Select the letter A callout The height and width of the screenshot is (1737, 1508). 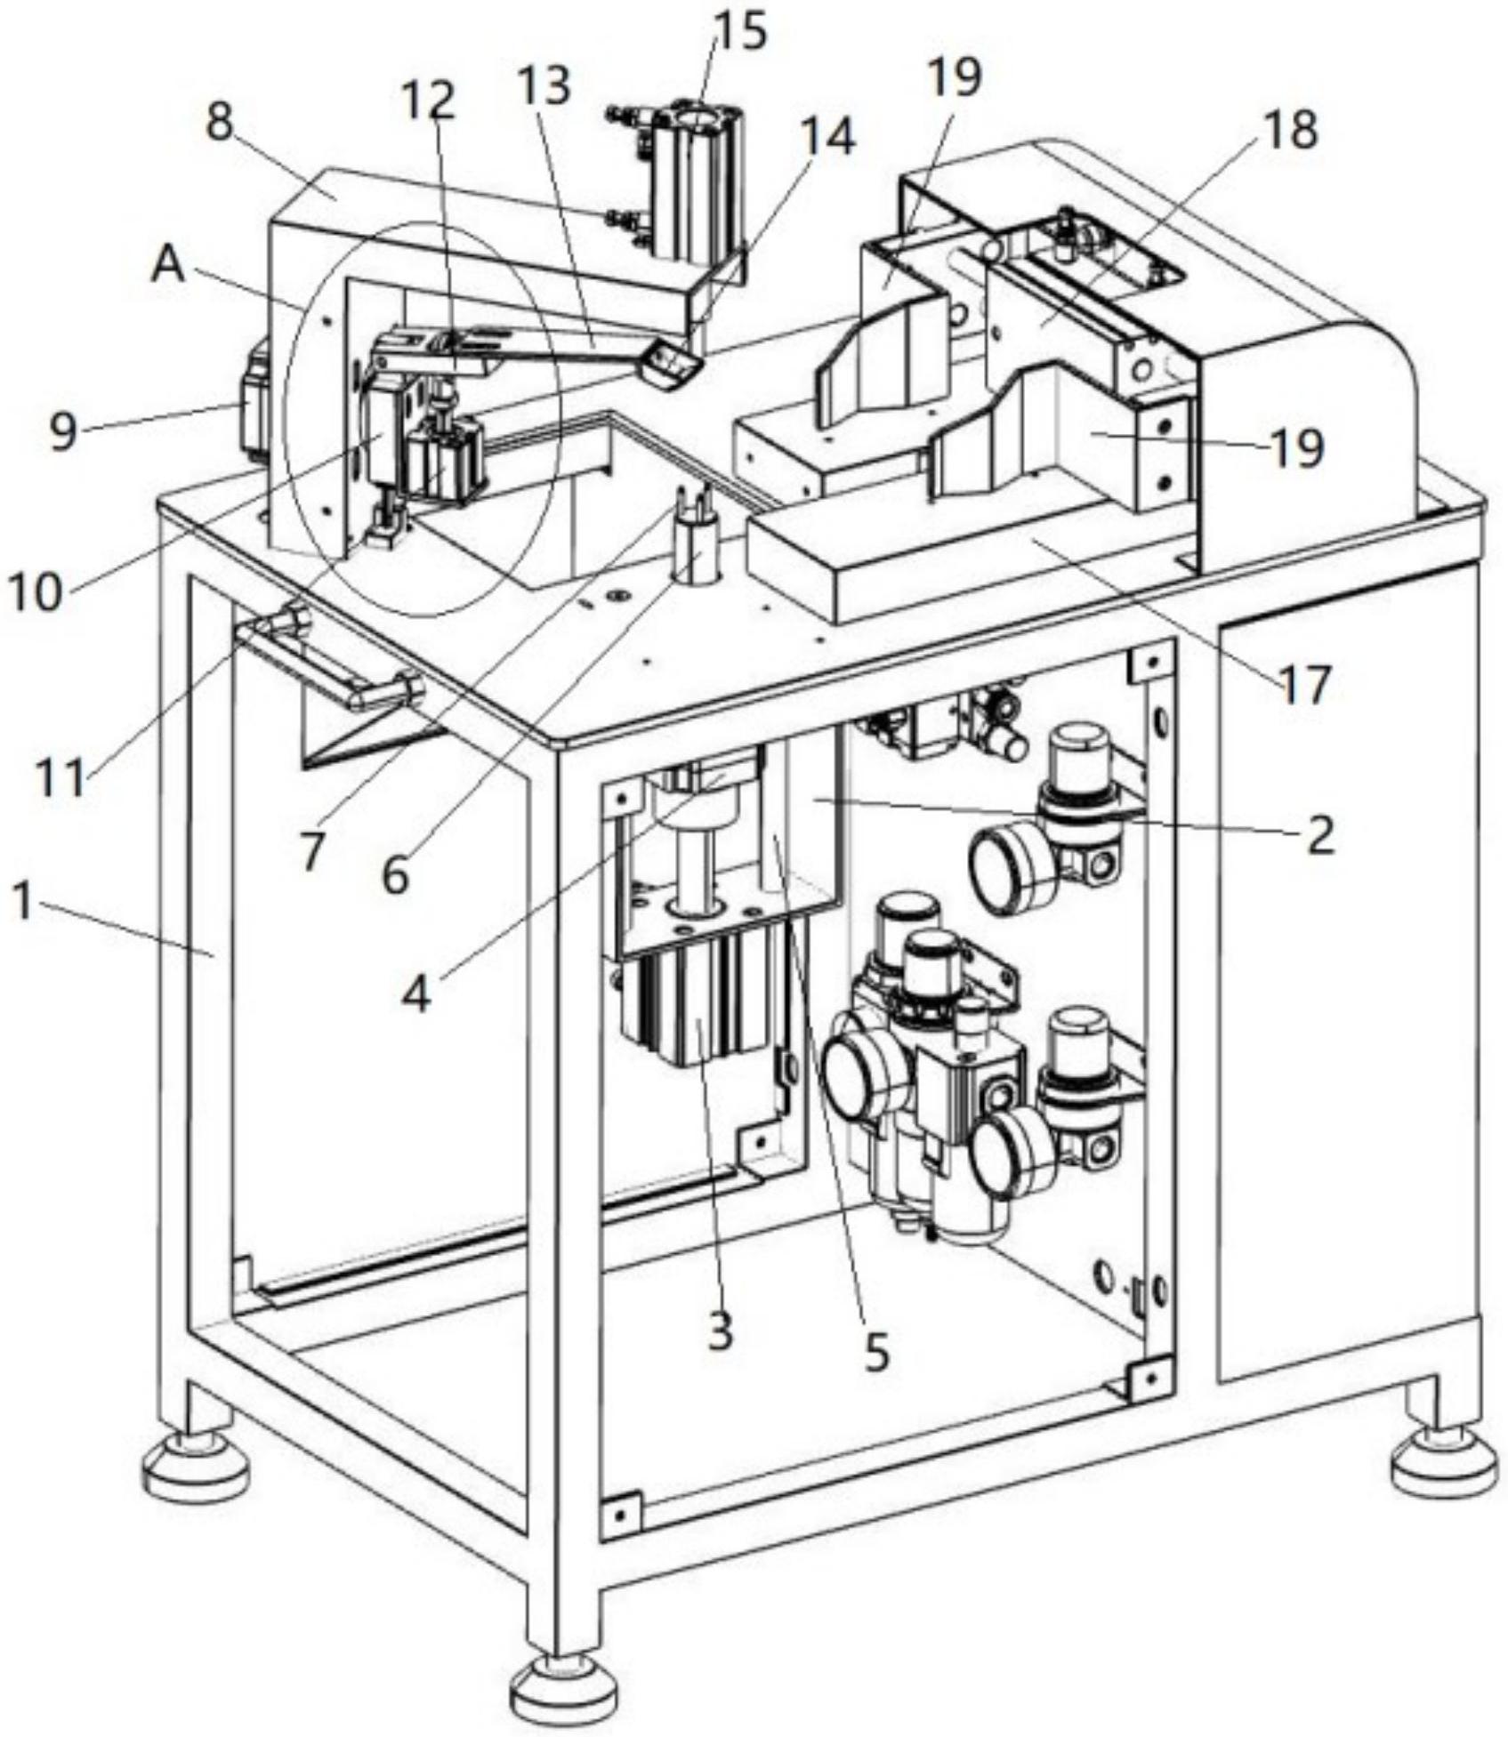pyautogui.click(x=167, y=265)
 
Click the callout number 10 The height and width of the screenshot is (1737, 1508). pyautogui.click(x=36, y=590)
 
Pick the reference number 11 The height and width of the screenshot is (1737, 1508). pyautogui.click(x=61, y=777)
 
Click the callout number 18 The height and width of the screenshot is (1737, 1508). pyautogui.click(x=1291, y=131)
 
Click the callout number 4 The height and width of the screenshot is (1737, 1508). pyautogui.click(x=415, y=995)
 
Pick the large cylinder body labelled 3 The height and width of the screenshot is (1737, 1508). pyautogui.click(x=694, y=1005)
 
